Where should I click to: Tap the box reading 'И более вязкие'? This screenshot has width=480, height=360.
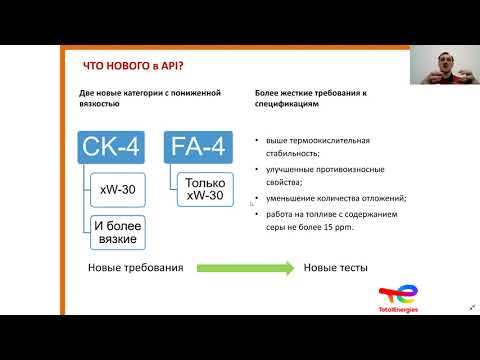[118, 233]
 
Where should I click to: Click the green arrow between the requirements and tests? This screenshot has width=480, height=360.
[244, 268]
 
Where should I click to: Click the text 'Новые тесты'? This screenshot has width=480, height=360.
[335, 268]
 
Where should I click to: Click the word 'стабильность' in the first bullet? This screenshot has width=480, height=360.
[284, 155]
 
